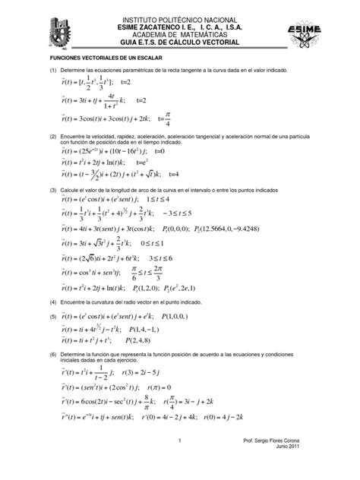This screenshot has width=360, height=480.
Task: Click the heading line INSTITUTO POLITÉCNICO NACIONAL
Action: (181, 16)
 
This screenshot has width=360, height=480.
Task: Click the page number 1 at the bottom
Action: (180, 462)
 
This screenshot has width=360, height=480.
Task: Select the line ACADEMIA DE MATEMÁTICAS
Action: (181, 34)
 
